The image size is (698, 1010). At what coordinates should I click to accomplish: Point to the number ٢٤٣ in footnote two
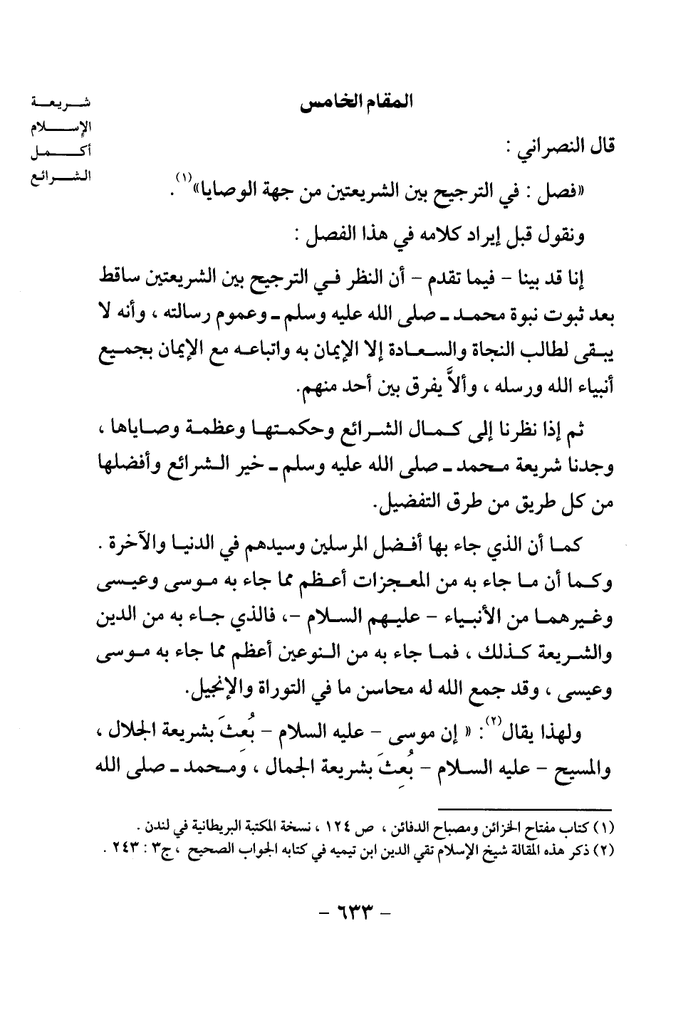click(x=125, y=849)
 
